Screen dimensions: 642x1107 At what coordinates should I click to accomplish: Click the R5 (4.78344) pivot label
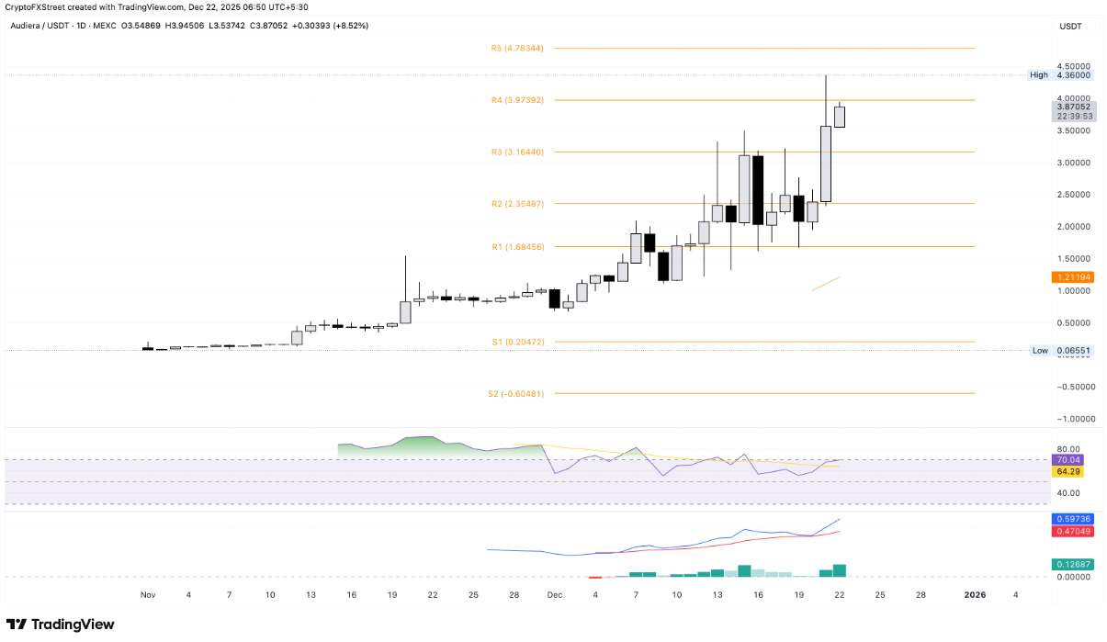coord(517,48)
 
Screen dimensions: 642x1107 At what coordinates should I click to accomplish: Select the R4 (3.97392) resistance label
coord(517,100)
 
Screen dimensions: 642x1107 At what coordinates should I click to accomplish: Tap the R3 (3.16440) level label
coord(517,152)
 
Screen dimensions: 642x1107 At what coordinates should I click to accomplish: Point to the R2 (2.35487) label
coord(517,204)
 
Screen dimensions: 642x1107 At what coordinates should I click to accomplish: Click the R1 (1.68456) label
coord(517,246)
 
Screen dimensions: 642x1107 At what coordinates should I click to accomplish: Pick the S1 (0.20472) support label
coord(517,342)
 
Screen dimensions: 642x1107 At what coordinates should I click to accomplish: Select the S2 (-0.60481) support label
coord(516,393)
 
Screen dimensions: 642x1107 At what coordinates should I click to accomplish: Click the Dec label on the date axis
coord(554,595)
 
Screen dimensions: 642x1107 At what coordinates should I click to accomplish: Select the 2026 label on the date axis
coord(975,595)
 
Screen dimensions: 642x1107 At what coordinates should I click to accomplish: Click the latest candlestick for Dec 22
coord(839,117)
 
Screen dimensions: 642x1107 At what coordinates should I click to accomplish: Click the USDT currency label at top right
coord(1071,26)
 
